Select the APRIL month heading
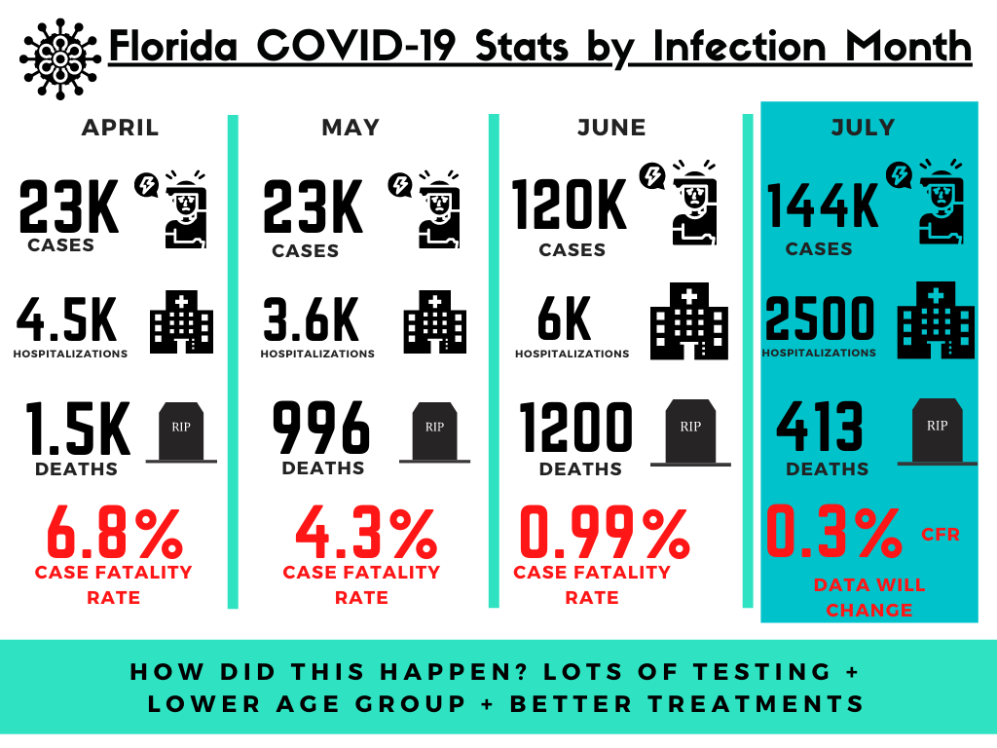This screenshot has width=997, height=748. click(x=120, y=128)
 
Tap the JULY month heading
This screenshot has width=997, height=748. click(x=863, y=128)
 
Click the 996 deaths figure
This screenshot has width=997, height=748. click(x=321, y=428)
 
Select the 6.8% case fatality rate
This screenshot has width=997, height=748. click(x=114, y=532)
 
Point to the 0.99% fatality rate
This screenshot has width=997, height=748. click(x=604, y=532)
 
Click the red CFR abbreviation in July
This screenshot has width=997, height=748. click(x=941, y=534)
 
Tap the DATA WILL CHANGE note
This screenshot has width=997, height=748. click(x=868, y=598)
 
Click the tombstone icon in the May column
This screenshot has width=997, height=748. click(x=433, y=431)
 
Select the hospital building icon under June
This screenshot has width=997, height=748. click(x=688, y=320)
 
